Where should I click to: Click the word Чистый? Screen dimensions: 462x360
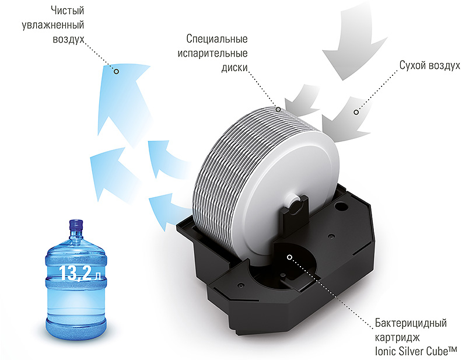(x=68, y=11)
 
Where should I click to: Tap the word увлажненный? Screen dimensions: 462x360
(x=53, y=25)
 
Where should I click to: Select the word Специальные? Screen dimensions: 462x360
(x=217, y=39)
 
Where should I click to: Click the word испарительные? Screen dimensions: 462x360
(x=212, y=53)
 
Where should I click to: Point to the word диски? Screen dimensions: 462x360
(x=235, y=68)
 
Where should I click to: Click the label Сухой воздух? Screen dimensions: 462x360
(x=429, y=65)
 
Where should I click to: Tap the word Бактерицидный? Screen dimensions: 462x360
(x=411, y=323)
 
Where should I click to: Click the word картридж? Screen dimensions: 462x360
(x=397, y=337)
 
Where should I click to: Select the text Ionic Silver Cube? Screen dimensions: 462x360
(x=412, y=351)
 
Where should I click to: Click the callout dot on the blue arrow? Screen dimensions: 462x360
(x=117, y=71)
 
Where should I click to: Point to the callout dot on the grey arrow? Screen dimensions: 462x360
(x=356, y=112)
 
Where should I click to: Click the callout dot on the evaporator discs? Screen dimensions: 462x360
(x=278, y=109)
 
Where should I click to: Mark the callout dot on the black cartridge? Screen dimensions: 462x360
(x=290, y=257)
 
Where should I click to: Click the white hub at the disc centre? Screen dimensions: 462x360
(x=295, y=202)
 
